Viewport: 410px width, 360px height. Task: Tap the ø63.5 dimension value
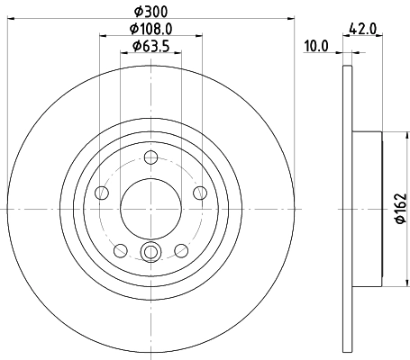click(x=151, y=47)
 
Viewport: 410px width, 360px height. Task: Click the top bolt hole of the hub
click(x=151, y=160)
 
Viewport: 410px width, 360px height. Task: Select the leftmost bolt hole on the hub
click(x=102, y=193)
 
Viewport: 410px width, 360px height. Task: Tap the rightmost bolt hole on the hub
click(x=200, y=193)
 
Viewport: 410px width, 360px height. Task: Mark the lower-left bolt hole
click(x=121, y=249)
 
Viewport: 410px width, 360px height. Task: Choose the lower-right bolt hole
click(x=181, y=249)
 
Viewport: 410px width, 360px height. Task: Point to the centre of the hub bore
click(x=151, y=208)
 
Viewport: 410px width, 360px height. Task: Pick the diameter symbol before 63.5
click(x=136, y=47)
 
